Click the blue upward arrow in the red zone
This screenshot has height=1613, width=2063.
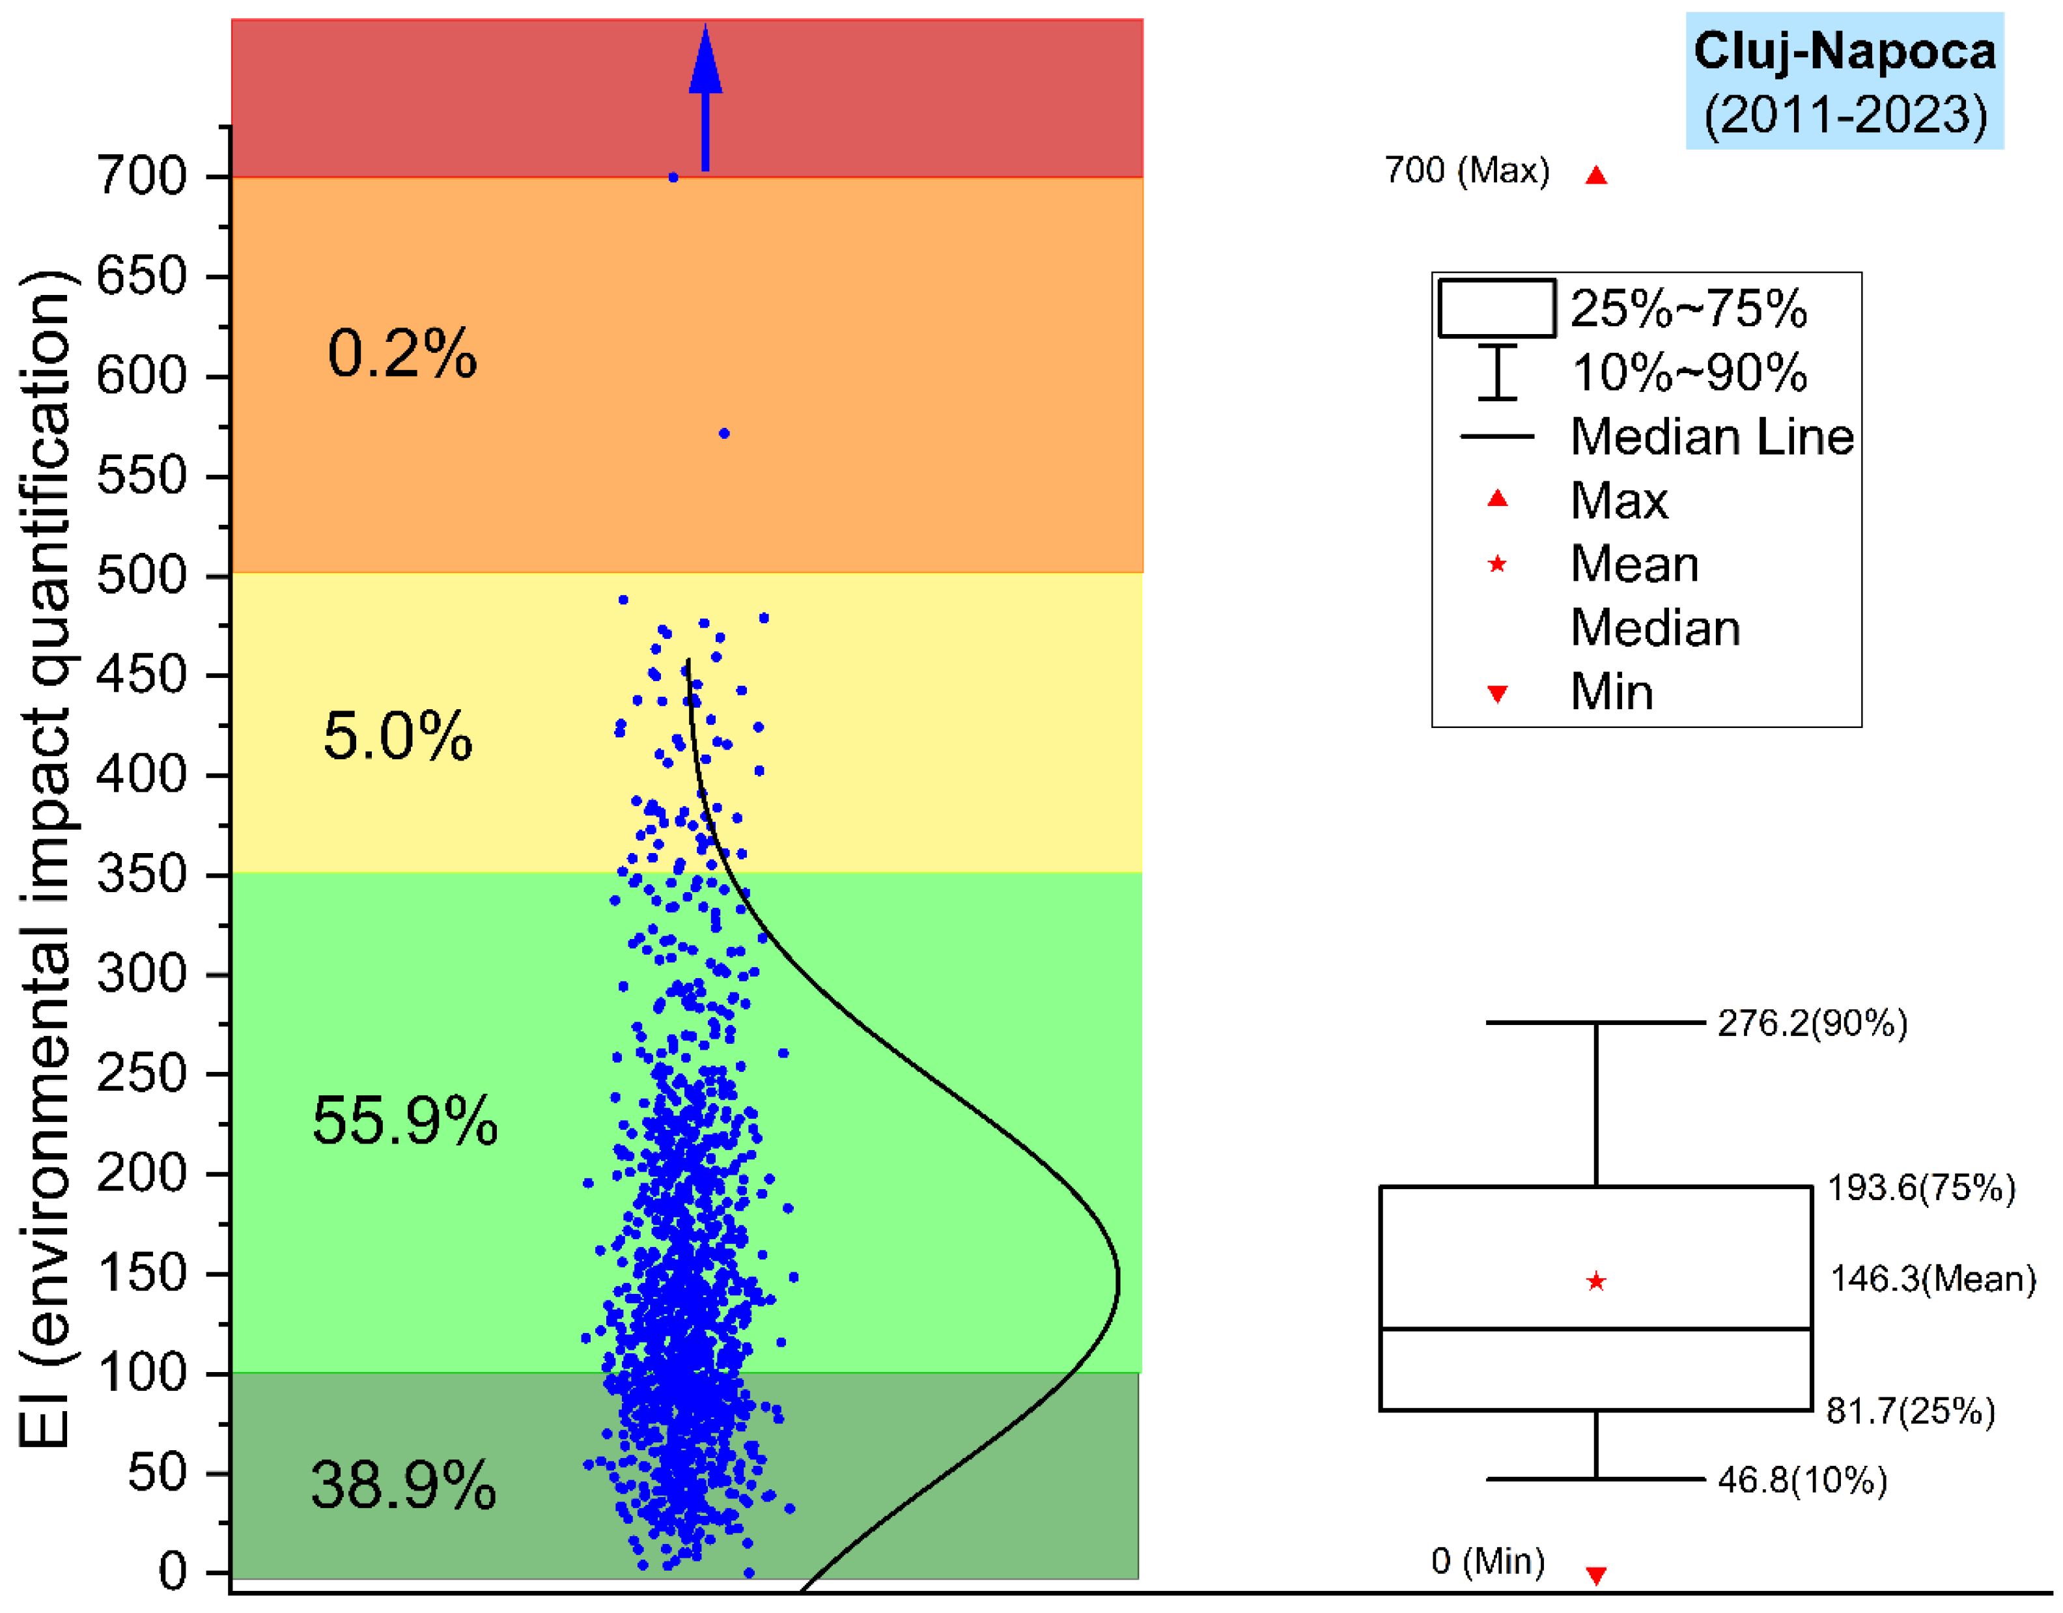pos(705,99)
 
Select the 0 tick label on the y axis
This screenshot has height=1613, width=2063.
pos(173,1573)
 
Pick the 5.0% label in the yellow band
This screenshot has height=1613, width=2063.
pos(398,736)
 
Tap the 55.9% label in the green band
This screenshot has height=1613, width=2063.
pos(404,1122)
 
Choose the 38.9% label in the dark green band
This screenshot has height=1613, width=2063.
pos(403,1485)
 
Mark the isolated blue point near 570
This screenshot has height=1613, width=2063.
pos(725,434)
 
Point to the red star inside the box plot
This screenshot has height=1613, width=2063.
pos(1596,1282)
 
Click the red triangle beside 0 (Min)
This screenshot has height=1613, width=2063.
pos(1596,1575)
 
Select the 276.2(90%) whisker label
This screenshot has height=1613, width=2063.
pos(1812,1024)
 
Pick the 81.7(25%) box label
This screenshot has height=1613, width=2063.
pos(1910,1411)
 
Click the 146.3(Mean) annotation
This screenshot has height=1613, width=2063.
pos(1933,1280)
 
